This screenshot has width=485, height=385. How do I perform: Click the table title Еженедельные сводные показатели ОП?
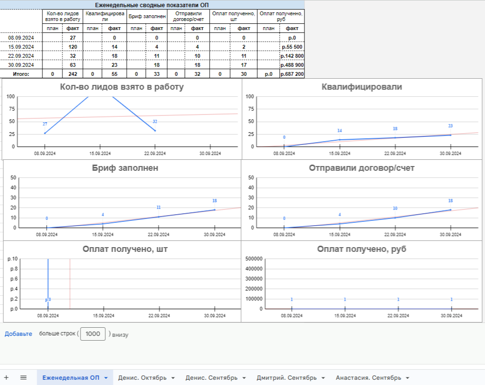(152, 4)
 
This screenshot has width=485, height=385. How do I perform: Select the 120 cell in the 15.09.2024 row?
(73, 47)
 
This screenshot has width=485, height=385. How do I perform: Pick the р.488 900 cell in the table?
(292, 65)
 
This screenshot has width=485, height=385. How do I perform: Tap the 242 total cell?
(73, 74)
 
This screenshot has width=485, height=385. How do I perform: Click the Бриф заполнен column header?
(148, 16)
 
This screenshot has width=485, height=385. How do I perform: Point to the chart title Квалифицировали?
(362, 87)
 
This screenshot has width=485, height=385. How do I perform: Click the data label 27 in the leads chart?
(45, 124)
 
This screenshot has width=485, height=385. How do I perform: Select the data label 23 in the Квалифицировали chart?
(450, 126)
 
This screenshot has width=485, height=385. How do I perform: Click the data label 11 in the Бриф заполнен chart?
(159, 208)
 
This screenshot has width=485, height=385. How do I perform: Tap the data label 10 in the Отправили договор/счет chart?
(395, 208)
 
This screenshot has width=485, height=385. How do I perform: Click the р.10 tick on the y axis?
(12, 259)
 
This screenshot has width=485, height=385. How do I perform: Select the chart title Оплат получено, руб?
(362, 249)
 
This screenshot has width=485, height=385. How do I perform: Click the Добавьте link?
(19, 334)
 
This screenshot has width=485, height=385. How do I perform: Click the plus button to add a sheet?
(7, 377)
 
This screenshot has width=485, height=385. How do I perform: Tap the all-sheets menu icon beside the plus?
(23, 377)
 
